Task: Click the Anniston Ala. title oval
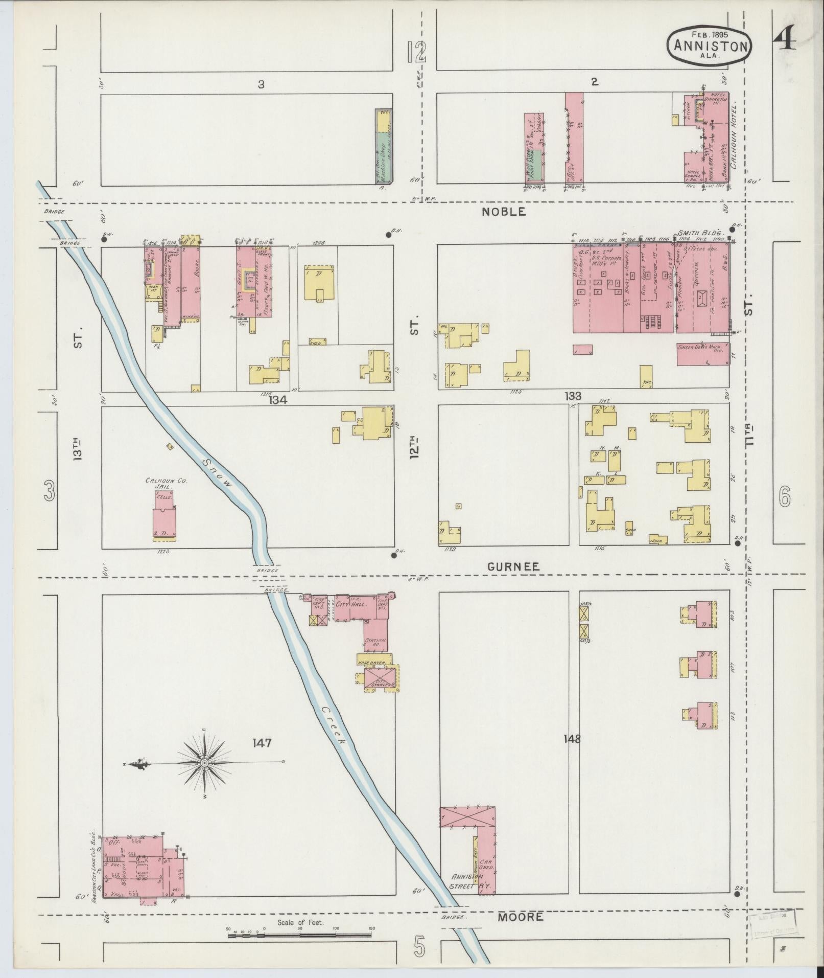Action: [x=709, y=46]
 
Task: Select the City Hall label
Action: [x=348, y=604]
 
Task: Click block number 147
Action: [x=261, y=742]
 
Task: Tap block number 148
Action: [x=572, y=738]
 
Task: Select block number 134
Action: [x=279, y=400]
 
